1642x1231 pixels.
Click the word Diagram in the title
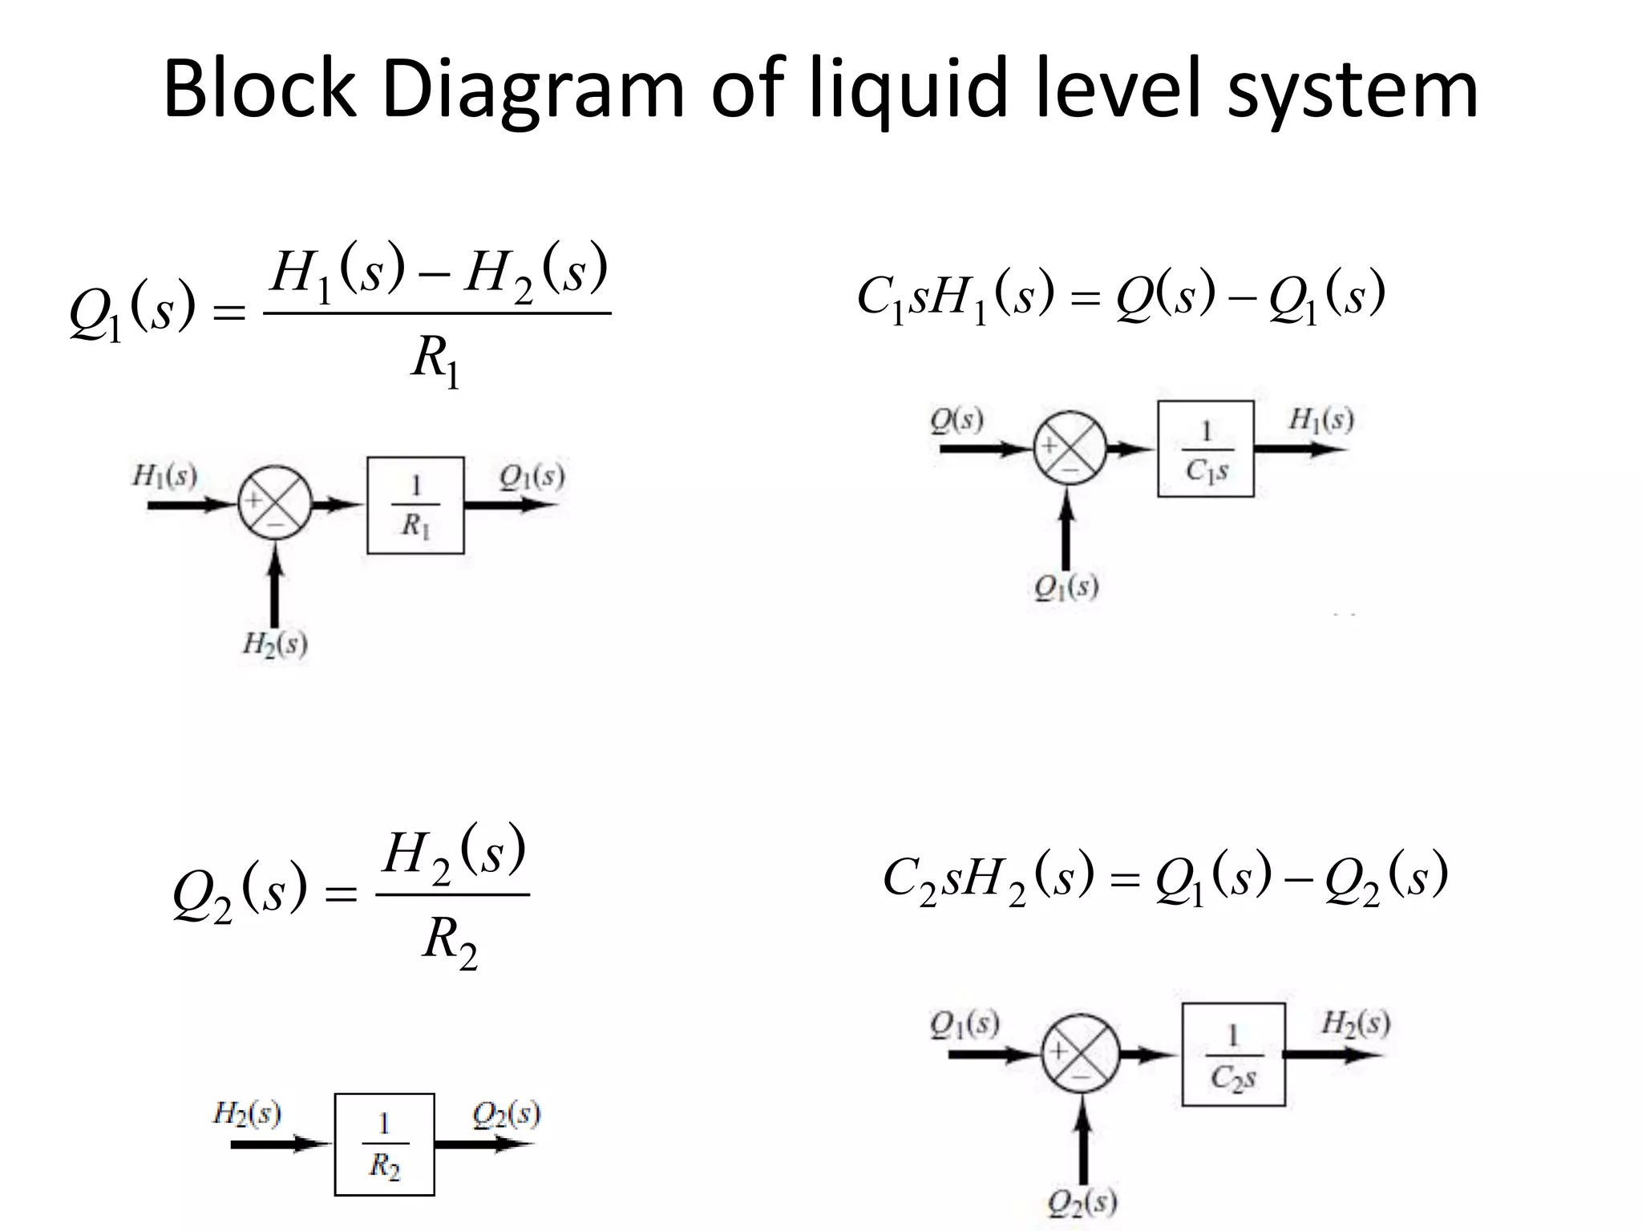click(x=534, y=90)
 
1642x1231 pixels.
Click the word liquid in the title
click(x=907, y=90)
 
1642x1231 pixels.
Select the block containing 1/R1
click(x=415, y=505)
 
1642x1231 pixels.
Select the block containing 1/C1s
click(x=1205, y=449)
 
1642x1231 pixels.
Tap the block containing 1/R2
click(x=384, y=1144)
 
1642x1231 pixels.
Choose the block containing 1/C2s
click(x=1233, y=1054)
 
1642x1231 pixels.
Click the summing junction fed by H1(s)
click(x=274, y=504)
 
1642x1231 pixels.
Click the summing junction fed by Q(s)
click(x=1070, y=448)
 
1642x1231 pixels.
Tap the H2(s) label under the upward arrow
click(x=275, y=644)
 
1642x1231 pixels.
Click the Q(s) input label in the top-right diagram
click(x=956, y=419)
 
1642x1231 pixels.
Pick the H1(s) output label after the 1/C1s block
click(x=1320, y=419)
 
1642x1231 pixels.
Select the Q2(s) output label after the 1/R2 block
click(x=506, y=1113)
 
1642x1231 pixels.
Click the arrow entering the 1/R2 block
click(x=281, y=1144)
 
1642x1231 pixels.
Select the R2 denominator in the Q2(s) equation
click(x=449, y=940)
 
